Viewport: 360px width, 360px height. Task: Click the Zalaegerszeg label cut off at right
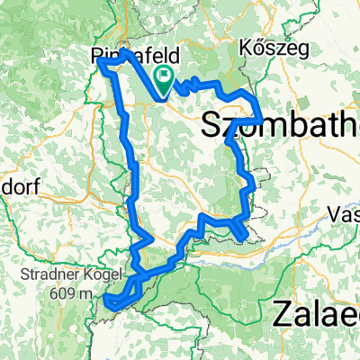click(315, 315)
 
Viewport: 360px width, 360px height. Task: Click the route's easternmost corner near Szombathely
click(261, 119)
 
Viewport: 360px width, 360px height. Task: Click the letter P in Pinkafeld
click(97, 57)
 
